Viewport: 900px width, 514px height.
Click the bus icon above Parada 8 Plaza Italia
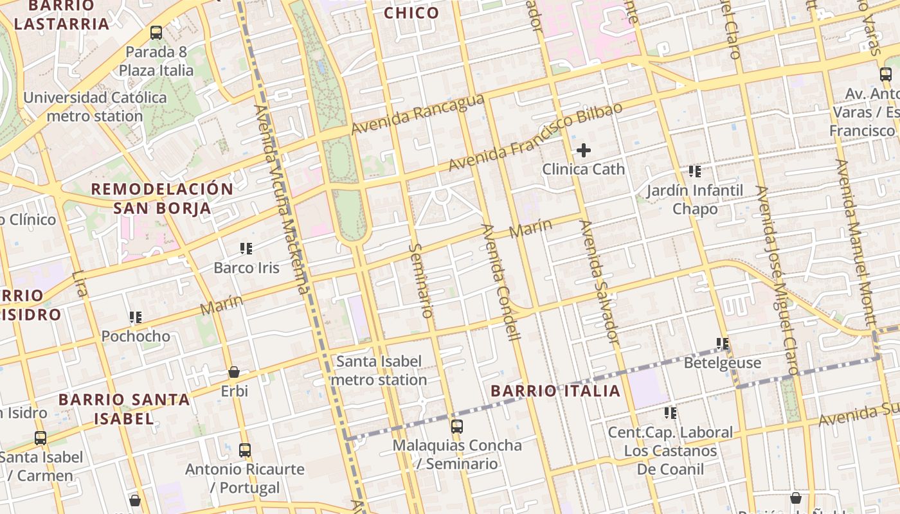coord(156,33)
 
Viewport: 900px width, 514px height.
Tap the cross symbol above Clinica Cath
coord(584,150)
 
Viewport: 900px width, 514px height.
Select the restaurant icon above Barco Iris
coord(246,248)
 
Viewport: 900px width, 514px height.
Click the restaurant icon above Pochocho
coord(136,317)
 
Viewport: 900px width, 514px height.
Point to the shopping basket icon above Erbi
coord(234,372)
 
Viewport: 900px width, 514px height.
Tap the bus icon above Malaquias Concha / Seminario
coord(457,426)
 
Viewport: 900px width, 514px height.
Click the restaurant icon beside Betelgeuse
coord(723,344)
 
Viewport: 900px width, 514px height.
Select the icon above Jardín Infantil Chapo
coord(695,172)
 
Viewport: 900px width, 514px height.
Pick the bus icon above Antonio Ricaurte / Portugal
coord(245,450)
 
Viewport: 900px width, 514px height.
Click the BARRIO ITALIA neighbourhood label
coord(556,391)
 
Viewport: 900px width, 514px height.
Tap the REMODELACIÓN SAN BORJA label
coord(162,199)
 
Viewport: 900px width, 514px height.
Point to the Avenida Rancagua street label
coord(417,114)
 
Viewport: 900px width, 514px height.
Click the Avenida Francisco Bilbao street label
coord(535,136)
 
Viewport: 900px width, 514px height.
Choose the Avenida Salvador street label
coord(598,283)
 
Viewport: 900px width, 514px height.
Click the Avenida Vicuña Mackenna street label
coord(282,199)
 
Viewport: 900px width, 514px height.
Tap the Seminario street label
coord(421,280)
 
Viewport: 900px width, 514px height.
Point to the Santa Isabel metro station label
coord(379,371)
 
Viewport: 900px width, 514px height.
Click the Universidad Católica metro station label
coord(95,107)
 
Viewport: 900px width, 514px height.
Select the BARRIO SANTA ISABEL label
coord(124,409)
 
